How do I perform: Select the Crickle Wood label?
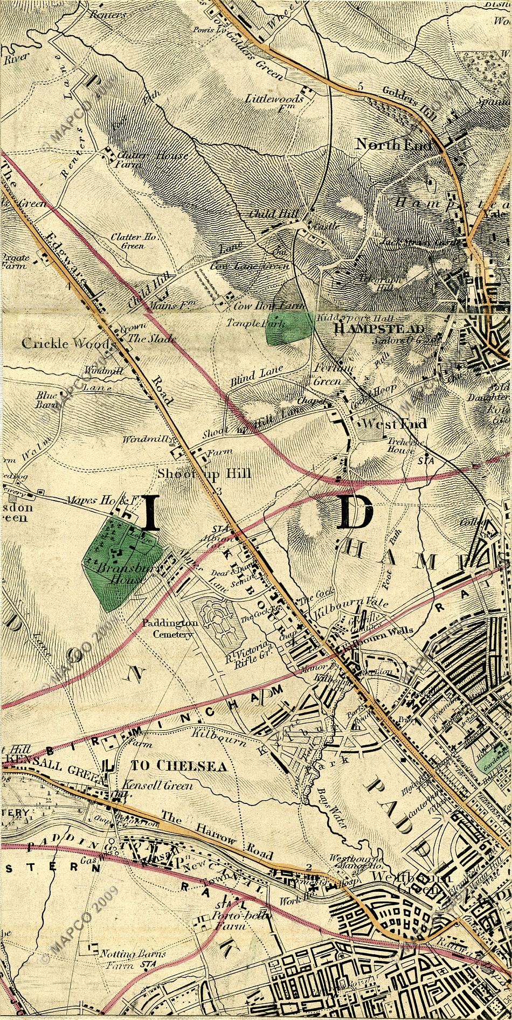point(67,343)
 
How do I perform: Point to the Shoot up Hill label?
point(205,474)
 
